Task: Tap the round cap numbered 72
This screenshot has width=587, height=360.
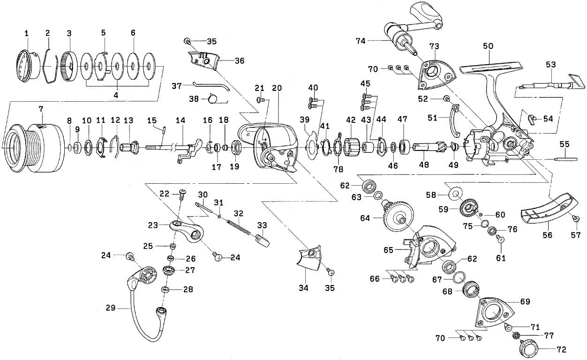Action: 528,347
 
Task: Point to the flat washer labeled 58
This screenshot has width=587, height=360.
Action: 455,192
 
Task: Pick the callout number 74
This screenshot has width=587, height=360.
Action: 361,41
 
